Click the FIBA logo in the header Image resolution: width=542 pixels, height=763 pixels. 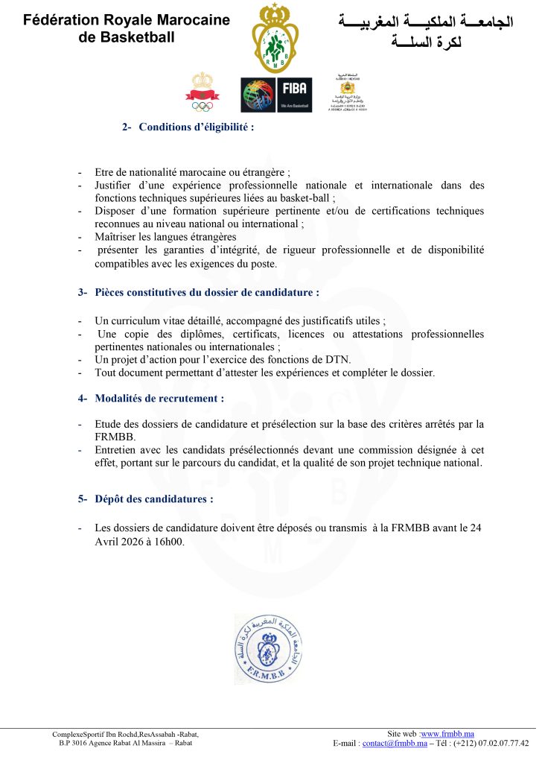(x=276, y=95)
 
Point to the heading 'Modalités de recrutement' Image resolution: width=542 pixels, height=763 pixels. (x=159, y=399)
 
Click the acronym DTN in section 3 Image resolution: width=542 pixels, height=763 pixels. (x=338, y=359)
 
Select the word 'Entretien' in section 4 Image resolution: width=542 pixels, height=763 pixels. (x=116, y=450)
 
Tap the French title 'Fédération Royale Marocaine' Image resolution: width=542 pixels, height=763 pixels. (x=127, y=20)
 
